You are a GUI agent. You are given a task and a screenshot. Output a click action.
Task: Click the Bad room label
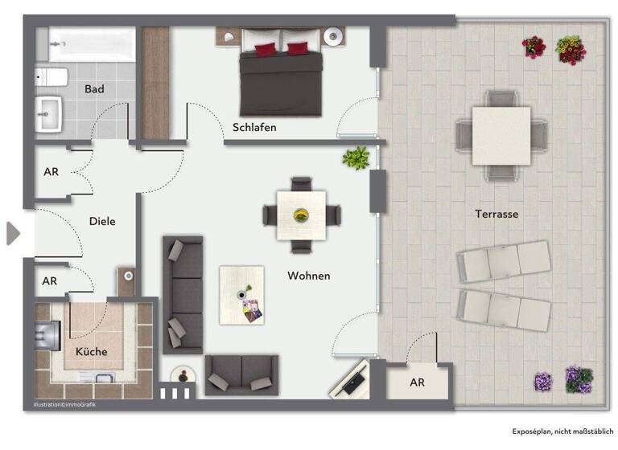click(x=94, y=89)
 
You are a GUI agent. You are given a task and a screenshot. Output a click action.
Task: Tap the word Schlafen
click(x=254, y=127)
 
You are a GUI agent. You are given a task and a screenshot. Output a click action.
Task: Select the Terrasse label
click(x=496, y=214)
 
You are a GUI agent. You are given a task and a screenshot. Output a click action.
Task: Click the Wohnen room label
click(x=308, y=276)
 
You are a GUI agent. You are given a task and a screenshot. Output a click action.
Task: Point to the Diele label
click(x=102, y=221)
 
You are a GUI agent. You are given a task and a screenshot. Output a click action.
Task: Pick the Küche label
click(x=91, y=351)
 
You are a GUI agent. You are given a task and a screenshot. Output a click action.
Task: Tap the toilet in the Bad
click(x=49, y=79)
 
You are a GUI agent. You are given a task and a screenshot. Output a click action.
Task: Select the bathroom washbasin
click(x=51, y=115)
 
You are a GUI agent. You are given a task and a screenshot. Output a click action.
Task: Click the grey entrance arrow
click(x=12, y=233)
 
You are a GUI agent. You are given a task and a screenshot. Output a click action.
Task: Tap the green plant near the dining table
click(x=355, y=157)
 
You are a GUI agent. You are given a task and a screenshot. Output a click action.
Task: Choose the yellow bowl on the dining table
click(x=302, y=215)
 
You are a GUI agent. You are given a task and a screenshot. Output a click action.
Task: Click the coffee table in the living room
click(x=241, y=295)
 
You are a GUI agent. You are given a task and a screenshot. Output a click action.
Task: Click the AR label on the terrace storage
click(x=417, y=382)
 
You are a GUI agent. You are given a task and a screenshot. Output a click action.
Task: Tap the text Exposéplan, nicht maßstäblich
click(x=562, y=431)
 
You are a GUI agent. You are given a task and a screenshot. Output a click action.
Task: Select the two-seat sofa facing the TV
click(x=241, y=374)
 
